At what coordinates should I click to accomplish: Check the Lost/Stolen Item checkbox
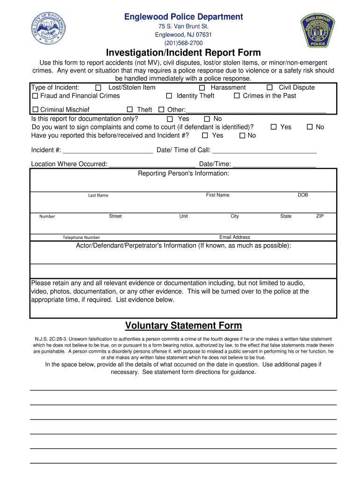(98, 88)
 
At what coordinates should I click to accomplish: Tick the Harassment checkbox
(202, 88)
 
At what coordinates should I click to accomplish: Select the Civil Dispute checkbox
(270, 88)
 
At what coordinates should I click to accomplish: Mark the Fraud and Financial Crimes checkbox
(35, 96)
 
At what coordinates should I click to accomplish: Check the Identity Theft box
(169, 96)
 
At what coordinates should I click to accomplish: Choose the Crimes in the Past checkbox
(237, 96)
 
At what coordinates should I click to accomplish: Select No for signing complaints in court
(310, 127)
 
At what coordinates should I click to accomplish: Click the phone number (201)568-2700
(183, 43)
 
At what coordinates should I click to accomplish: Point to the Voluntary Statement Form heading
(183, 326)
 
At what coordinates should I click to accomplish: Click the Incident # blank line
(108, 151)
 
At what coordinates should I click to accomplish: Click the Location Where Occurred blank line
(151, 165)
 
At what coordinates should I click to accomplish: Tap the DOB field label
(302, 195)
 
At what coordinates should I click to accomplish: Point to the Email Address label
(234, 237)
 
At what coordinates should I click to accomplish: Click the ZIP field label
(320, 216)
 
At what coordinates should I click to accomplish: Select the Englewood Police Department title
(183, 17)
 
